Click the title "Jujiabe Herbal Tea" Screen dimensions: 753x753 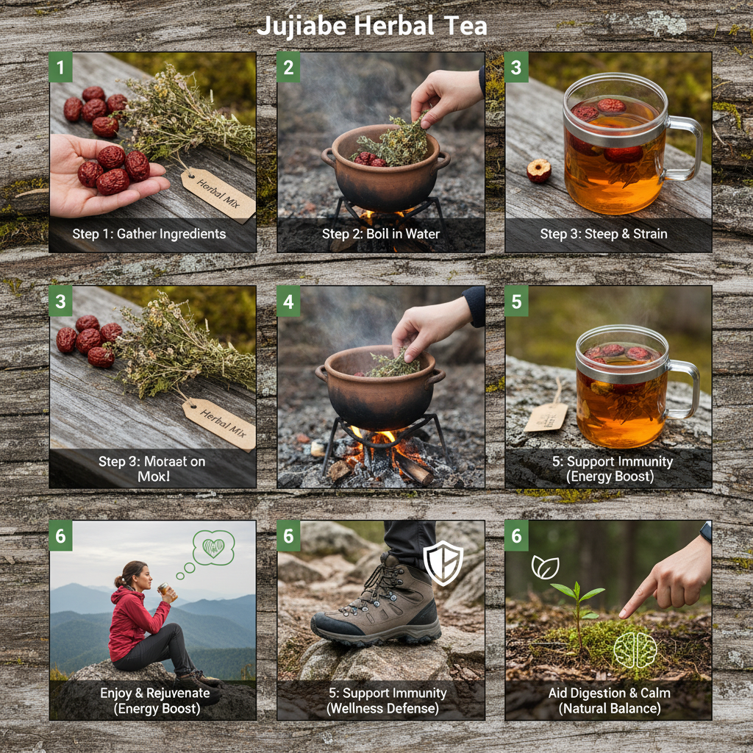(x=371, y=26)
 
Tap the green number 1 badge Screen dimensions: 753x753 (x=60, y=68)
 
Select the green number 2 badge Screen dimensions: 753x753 (x=288, y=68)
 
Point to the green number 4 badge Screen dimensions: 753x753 (x=288, y=302)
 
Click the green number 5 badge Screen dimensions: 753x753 (x=516, y=302)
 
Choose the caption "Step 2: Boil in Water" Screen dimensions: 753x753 (x=381, y=234)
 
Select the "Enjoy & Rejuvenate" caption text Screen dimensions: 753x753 (x=154, y=693)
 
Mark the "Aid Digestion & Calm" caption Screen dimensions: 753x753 (x=608, y=693)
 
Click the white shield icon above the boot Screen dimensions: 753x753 (x=443, y=563)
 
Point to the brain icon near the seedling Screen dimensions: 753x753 (x=634, y=649)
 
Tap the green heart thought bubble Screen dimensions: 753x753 (x=213, y=548)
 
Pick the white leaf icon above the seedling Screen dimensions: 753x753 (x=545, y=566)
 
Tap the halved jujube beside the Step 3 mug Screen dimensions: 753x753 (x=539, y=171)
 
